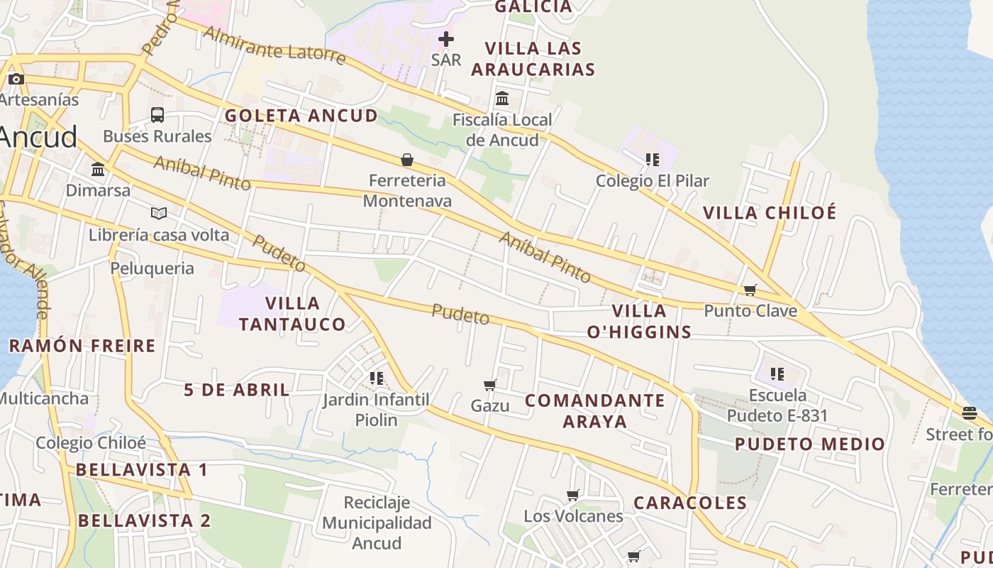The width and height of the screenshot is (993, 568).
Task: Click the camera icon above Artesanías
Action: coord(16,79)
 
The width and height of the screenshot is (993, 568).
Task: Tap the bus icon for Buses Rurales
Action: coord(157,114)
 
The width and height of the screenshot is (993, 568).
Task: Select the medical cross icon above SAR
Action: coord(446,39)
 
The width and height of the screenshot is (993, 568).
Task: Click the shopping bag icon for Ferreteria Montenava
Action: coord(407,160)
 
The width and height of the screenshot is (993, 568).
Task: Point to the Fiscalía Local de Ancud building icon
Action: coord(502,99)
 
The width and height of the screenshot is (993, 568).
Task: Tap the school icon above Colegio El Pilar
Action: coord(652,160)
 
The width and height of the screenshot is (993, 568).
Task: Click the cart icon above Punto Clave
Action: coord(750,290)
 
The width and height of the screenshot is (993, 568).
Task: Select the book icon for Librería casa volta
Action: coord(159,213)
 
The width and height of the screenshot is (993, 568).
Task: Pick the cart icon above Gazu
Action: coord(489,385)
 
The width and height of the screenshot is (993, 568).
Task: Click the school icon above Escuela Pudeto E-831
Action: coord(777,373)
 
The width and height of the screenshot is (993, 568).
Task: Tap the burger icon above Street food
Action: coord(970,413)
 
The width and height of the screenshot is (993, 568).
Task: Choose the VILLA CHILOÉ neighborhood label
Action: coord(770,212)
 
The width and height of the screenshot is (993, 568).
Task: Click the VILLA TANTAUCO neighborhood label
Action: coord(292,314)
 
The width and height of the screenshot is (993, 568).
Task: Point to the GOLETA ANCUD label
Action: coord(301,116)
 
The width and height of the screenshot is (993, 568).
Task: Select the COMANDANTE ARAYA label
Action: coord(595,410)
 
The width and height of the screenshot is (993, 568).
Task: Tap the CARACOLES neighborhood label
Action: coord(690,503)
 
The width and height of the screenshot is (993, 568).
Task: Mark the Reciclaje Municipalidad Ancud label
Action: coord(377,523)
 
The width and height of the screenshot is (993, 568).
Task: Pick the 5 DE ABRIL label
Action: coord(237,390)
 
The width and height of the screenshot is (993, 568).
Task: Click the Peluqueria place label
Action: coord(152,268)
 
